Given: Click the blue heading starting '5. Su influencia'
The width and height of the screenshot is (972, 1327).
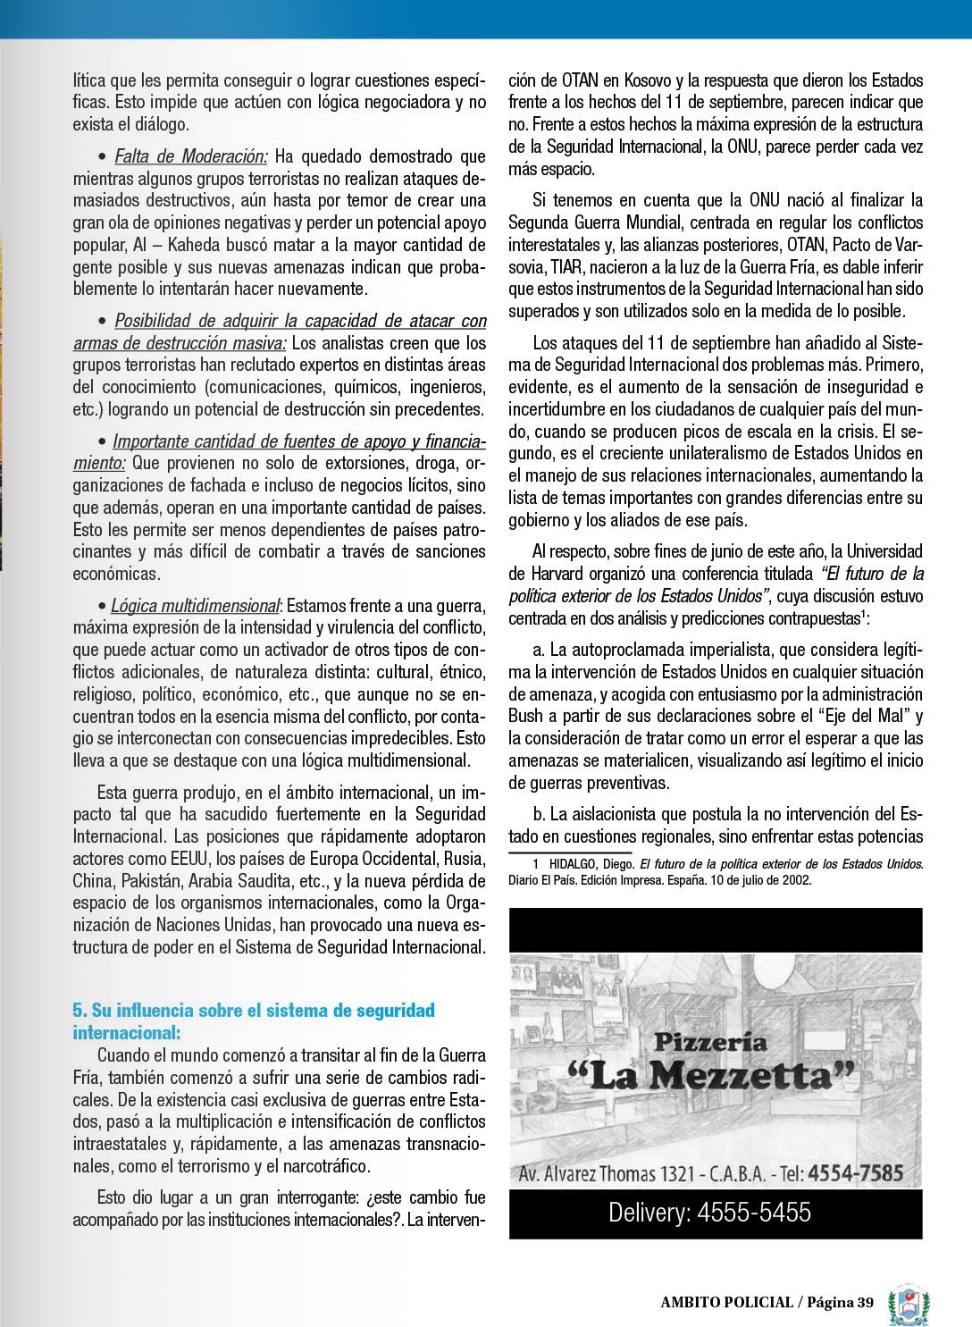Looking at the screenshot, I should pyautogui.click(x=253, y=1020).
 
